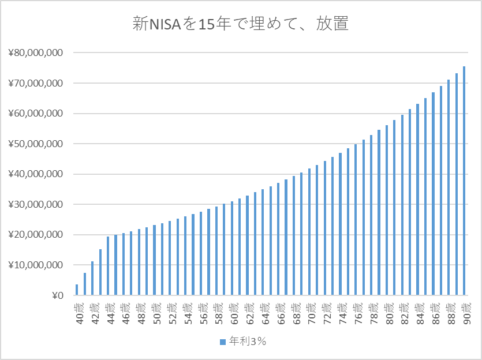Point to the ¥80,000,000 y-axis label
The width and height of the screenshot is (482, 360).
tap(35, 53)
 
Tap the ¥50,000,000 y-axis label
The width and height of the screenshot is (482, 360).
tap(35, 144)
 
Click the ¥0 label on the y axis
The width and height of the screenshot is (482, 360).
tap(57, 295)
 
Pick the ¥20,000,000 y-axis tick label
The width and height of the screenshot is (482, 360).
tap(35, 235)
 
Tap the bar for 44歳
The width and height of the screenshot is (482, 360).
tap(108, 266)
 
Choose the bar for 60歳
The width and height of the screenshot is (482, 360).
tap(231, 248)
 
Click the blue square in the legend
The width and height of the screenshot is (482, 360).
tap(222, 342)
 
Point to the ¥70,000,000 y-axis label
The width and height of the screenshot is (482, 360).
tap(35, 83)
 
